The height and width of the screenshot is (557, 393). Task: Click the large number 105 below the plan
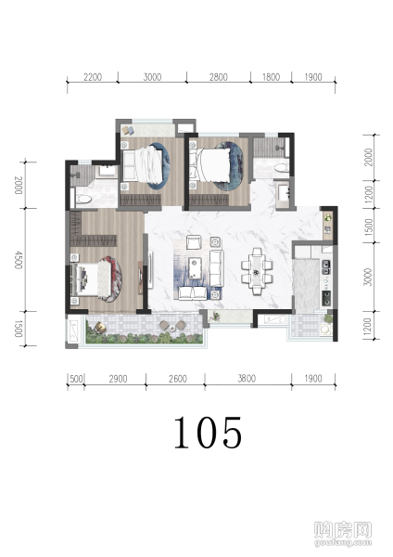click(x=208, y=433)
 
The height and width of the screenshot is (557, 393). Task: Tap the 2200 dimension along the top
click(x=93, y=77)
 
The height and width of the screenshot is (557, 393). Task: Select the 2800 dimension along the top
click(x=218, y=77)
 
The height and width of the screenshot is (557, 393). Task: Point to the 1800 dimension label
click(x=271, y=77)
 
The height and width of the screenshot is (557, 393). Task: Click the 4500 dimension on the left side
click(x=19, y=260)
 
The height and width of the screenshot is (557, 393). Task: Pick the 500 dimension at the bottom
click(x=76, y=379)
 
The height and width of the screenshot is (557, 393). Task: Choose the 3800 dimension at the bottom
click(x=247, y=379)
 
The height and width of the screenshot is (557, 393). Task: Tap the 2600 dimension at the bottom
click(x=178, y=379)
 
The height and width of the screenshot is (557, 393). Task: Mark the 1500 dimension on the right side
click(x=369, y=227)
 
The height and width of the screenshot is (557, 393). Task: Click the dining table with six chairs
click(x=257, y=271)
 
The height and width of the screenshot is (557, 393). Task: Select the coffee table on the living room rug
click(x=195, y=268)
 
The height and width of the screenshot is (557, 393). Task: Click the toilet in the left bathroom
click(x=84, y=200)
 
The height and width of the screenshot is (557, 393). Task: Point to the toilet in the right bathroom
click(x=281, y=167)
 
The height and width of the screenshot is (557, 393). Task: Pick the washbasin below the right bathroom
click(x=284, y=191)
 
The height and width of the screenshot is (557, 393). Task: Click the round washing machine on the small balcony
click(x=325, y=330)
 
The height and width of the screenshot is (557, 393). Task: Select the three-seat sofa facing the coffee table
click(x=216, y=268)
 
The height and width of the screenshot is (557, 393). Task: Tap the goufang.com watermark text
click(x=343, y=542)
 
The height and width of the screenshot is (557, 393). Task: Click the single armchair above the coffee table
click(x=195, y=242)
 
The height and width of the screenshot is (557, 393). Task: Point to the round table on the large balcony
click(x=172, y=328)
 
